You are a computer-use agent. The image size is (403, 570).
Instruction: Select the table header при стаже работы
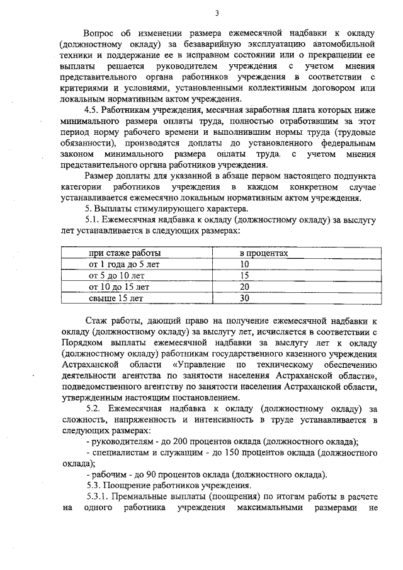click(x=125, y=253)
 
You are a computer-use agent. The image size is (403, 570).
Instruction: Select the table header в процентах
click(x=264, y=253)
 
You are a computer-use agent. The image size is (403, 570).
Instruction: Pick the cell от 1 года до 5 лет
click(x=124, y=264)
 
